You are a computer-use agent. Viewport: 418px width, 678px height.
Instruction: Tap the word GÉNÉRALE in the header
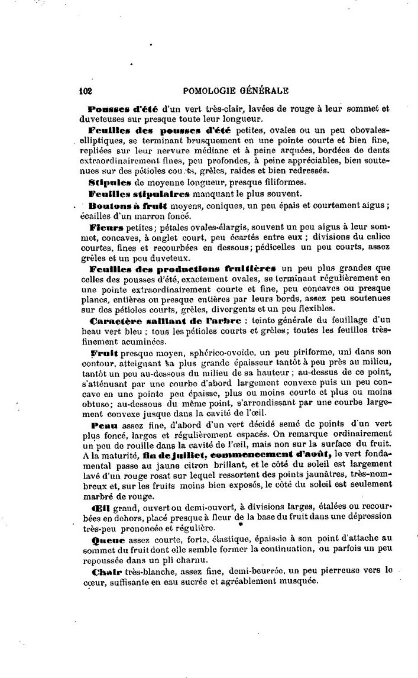(263, 91)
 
